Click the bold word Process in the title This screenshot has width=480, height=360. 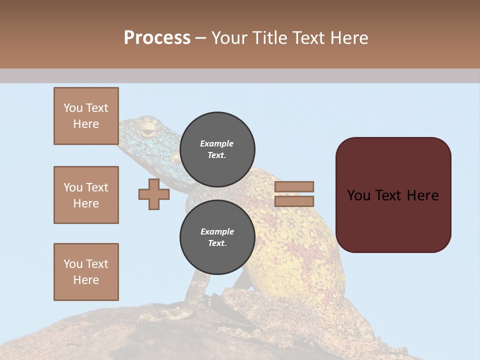coord(157,37)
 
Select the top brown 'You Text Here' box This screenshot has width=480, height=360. coord(86,116)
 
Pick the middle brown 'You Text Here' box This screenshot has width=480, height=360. coord(86,195)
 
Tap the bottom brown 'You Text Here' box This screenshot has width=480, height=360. coord(86,272)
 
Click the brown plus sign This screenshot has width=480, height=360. coord(154,194)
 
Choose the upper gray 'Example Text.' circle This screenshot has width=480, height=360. coord(217,149)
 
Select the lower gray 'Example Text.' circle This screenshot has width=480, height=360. coord(217,237)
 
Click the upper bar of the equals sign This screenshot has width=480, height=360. coord(294,187)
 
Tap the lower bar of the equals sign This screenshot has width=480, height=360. coord(294,201)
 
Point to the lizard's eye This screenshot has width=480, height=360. coord(147,131)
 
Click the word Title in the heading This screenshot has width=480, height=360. coord(269,37)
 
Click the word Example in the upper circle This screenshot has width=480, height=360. coord(217,143)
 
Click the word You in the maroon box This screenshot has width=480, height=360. coord(359,195)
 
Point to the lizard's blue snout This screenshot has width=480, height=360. coord(125,125)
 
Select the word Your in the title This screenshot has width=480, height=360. coord(229,37)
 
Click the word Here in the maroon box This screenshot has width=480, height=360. coord(422,195)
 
